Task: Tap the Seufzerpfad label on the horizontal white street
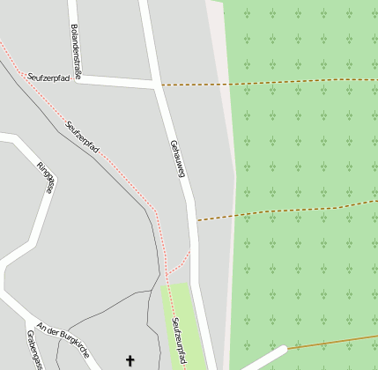[48, 78]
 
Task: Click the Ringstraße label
[45, 177]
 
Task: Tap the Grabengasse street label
[34, 351]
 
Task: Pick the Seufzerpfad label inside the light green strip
[180, 342]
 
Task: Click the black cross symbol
[130, 360]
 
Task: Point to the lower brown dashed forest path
[282, 210]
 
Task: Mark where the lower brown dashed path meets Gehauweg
[195, 220]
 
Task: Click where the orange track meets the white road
[287, 348]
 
